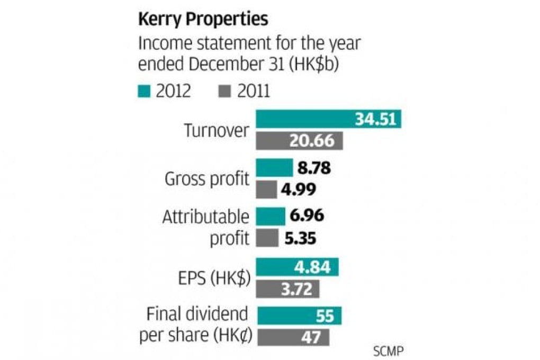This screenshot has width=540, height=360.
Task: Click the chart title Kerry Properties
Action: coord(203,20)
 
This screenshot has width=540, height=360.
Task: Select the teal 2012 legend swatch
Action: coord(143,91)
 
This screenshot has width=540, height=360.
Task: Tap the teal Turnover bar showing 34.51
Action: coord(328,119)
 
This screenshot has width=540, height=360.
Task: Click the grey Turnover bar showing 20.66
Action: coord(300,141)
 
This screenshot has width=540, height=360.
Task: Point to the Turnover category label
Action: coord(216,130)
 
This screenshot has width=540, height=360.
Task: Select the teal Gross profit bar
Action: coord(274,168)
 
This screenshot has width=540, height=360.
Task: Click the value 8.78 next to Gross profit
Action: coord(314,168)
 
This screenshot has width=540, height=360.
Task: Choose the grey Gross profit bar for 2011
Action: coord(266,190)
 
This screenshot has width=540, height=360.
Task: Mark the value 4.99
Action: coord(298,190)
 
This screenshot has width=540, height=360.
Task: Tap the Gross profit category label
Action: coord(207,179)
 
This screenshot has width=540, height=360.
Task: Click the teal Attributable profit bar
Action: coord(271,216)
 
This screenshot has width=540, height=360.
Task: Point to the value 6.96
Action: coord(307,216)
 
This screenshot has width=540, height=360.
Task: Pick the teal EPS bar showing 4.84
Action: coord(298,267)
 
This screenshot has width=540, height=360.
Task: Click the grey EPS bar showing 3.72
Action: coord(289,289)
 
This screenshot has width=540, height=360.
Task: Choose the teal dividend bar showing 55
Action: coord(299,316)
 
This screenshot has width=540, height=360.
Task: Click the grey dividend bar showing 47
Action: coord(293,337)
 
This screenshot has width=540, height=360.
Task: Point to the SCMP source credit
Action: coord(390,350)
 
